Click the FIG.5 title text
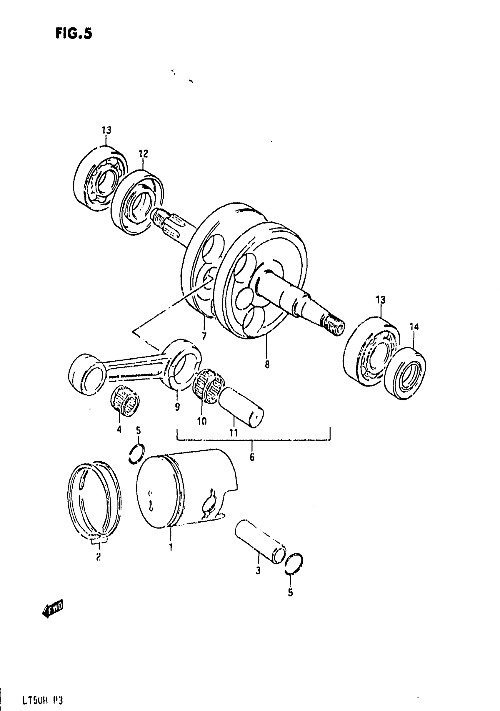tap(74, 34)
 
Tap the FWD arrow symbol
tap(53, 610)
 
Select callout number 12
tap(143, 154)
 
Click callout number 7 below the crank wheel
tap(204, 336)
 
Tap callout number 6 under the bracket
tap(252, 457)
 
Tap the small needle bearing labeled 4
tap(125, 401)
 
